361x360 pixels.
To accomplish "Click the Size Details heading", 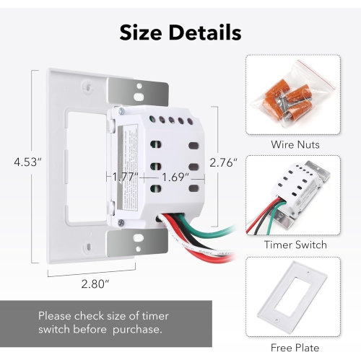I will [x=180, y=32].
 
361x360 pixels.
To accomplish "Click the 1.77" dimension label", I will [x=125, y=176].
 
